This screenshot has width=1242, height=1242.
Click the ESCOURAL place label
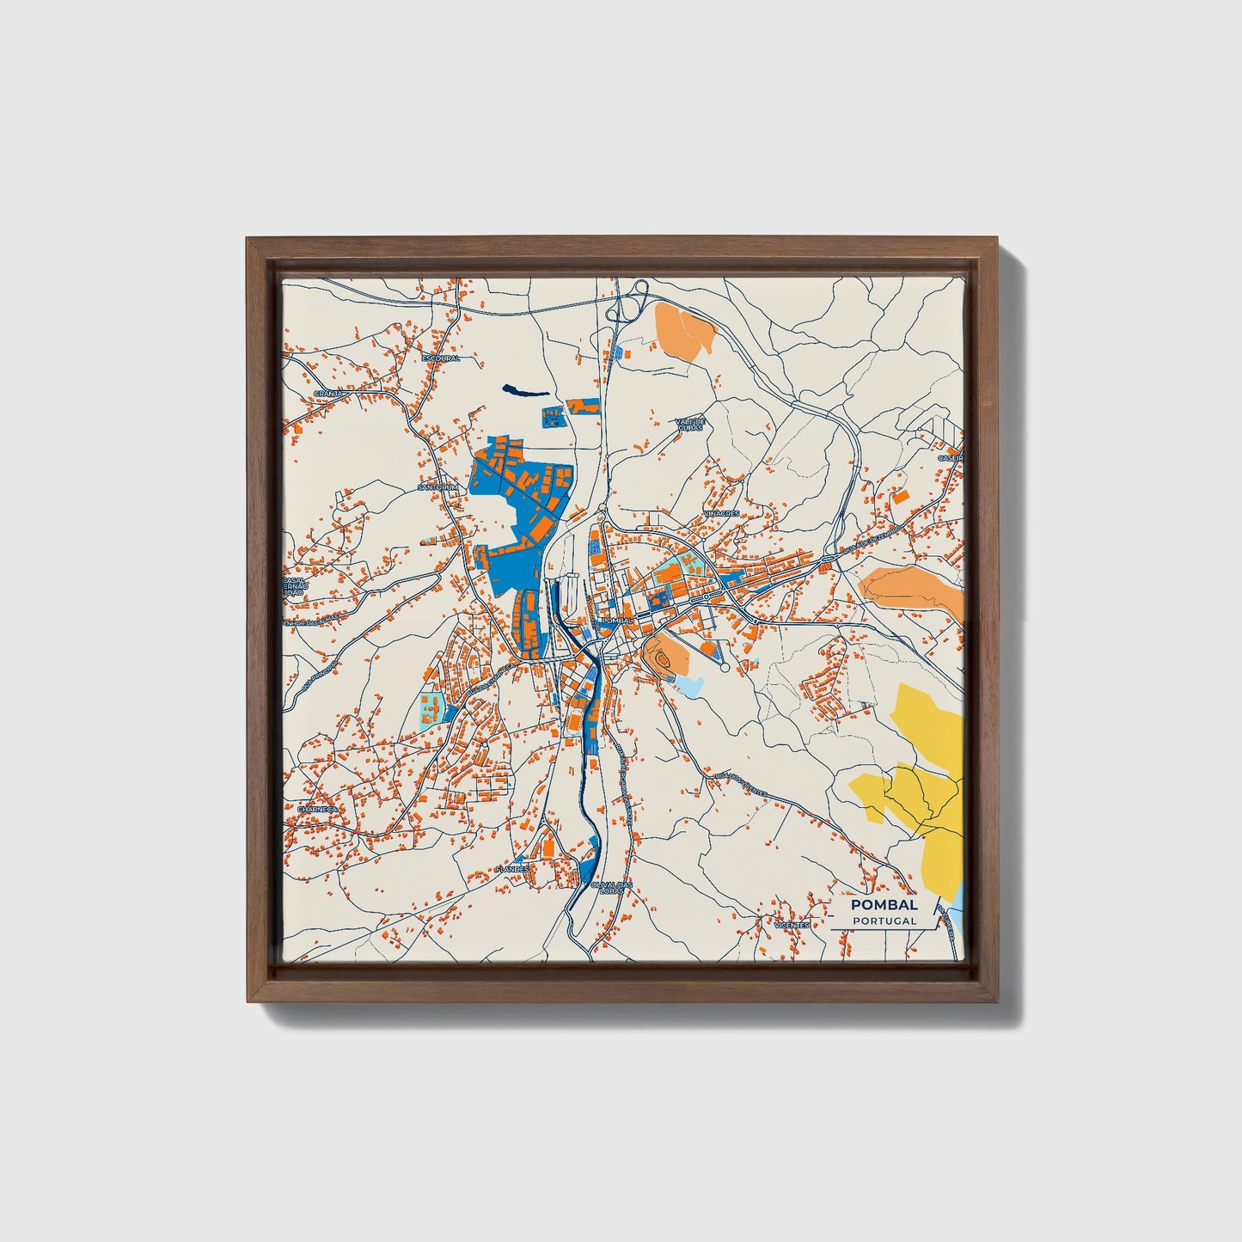pos(441,358)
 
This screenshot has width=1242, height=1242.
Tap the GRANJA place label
pos(330,393)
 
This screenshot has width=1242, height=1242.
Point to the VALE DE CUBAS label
pos(690,425)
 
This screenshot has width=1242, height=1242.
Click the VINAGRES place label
pos(721,513)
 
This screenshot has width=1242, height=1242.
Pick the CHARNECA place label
pos(316,809)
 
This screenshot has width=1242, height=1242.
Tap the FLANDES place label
pos(513,869)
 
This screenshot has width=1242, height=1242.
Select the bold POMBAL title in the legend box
pos(884,904)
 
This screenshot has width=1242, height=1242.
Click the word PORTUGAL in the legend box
pos(884,921)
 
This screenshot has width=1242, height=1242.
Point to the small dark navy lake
pos(527,391)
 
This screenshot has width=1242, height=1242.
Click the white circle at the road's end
pos(725,667)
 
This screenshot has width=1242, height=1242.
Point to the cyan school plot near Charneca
pos(430,710)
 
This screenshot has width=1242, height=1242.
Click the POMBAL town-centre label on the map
pos(617,620)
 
